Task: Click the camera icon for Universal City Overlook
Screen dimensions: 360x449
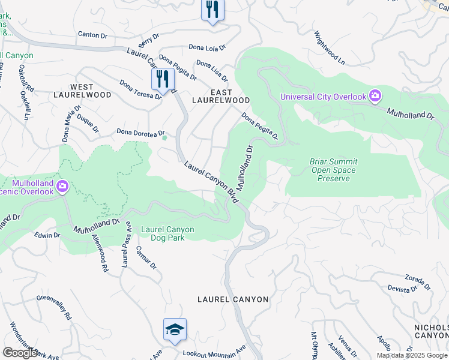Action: tap(376, 96)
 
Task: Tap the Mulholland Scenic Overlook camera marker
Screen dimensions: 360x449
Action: tap(62, 187)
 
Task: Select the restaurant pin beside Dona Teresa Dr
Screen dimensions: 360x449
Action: tap(163, 80)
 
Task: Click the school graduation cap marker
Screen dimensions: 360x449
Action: tap(175, 330)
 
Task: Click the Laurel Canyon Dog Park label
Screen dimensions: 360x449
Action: tap(167, 233)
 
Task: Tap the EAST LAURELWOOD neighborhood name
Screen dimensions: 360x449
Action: tap(221, 96)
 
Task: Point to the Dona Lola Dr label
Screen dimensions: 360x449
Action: tap(206, 47)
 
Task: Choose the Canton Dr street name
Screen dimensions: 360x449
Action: tap(92, 35)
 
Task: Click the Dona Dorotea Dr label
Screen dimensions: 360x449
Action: tap(140, 132)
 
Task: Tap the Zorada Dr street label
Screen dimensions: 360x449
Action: tap(418, 280)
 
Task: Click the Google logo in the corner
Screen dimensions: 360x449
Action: tap(20, 353)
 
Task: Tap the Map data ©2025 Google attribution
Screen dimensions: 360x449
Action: tap(412, 355)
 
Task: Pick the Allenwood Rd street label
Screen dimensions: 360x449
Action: tap(100, 246)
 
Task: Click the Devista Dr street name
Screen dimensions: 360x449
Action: tap(402, 289)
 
